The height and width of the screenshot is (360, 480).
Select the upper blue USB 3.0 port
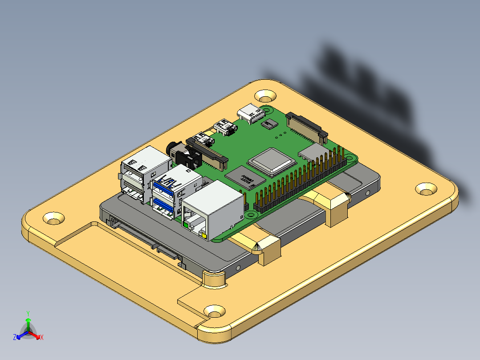coord(165,184)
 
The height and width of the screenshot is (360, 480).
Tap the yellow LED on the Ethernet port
coord(204,234)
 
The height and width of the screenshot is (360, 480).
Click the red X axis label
coord(42,338)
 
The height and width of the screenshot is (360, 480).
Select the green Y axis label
coord(28,313)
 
